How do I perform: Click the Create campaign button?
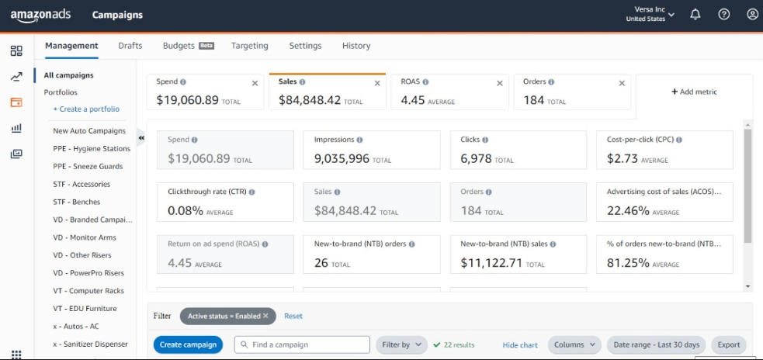(x=188, y=344)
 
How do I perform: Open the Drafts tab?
(x=130, y=46)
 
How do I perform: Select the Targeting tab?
(x=250, y=46)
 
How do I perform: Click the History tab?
(x=356, y=46)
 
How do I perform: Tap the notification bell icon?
(x=695, y=15)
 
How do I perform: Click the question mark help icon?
(x=724, y=15)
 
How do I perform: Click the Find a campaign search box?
(x=302, y=344)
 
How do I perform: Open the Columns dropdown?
(x=574, y=344)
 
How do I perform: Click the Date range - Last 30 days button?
(x=657, y=344)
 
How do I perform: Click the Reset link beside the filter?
(x=293, y=317)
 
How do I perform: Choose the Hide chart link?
(x=520, y=345)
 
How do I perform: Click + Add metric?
(x=694, y=92)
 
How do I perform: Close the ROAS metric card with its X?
(x=500, y=83)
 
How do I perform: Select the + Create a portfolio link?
(x=86, y=109)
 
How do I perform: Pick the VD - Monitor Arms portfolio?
(x=85, y=237)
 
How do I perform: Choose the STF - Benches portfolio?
(x=76, y=202)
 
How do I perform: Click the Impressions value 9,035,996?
(x=342, y=158)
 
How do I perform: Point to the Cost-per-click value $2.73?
(x=623, y=158)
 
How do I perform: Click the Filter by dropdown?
(x=401, y=344)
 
